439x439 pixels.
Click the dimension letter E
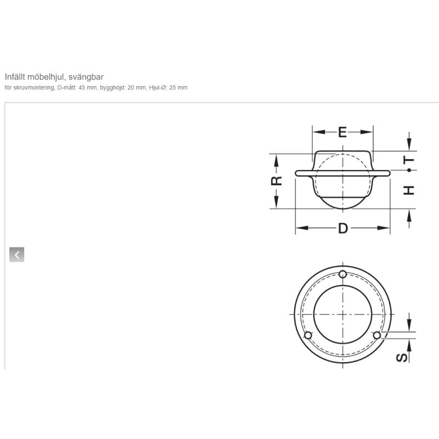coord(342,132)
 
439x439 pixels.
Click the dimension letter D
coord(343,228)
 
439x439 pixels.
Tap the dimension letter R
coord(277,181)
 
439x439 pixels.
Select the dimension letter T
coord(409,160)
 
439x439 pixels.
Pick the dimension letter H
coord(409,190)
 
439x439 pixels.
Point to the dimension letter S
coord(402,358)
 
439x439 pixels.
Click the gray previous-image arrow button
coord(17,255)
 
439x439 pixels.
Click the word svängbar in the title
coord(86,77)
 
